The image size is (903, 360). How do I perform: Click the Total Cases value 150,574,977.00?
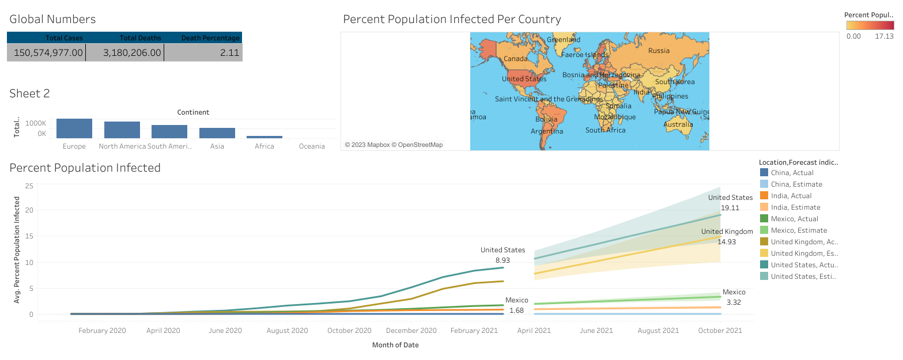pos(46,53)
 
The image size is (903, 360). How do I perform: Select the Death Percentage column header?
pos(210,38)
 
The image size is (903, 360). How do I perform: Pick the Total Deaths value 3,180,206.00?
pos(132,53)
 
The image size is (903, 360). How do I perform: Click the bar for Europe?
pos(74,128)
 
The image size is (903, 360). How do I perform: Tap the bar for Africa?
pos(265,137)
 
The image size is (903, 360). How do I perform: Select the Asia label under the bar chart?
pos(217,146)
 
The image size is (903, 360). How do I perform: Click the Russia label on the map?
pos(659,51)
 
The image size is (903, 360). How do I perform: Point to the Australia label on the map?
pos(678,124)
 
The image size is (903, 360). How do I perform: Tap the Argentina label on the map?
pos(547,131)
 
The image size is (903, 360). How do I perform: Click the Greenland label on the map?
pos(563,40)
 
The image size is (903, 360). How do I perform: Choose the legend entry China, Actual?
pos(792,173)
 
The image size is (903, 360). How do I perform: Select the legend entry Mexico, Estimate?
pos(796,230)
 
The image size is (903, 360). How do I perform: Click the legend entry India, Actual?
pos(791,196)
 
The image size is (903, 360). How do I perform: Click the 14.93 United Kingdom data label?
pos(726,242)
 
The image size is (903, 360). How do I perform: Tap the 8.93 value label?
pos(502,260)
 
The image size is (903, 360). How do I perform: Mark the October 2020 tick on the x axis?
pos(349,331)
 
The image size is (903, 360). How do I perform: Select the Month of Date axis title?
pos(395,345)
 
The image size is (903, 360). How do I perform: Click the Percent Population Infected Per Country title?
pos(452,19)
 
